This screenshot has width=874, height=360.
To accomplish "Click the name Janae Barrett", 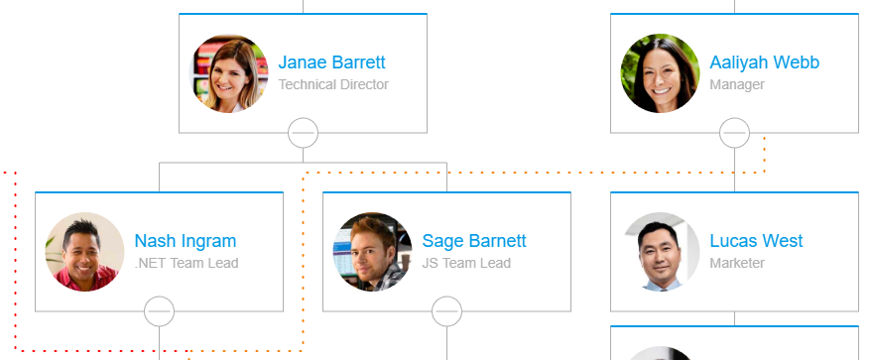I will point(331,62).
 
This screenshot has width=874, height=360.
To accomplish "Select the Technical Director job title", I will point(333,85).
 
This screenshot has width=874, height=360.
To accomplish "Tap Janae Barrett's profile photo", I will point(229,73).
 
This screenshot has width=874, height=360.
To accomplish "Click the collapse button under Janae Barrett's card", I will point(303,132).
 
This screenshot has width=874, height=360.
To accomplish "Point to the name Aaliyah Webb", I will point(764,62).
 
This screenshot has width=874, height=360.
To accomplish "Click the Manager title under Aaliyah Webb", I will point(737,85).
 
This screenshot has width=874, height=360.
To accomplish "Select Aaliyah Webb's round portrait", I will point(661,73).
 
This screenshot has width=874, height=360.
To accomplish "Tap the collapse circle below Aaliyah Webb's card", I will point(734,132).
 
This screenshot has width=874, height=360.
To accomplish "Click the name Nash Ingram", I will point(186,241).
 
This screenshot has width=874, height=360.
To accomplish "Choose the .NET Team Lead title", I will point(187,264).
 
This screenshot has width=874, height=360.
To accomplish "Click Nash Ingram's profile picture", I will point(85,252).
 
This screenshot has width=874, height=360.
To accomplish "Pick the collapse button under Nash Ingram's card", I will point(159,311).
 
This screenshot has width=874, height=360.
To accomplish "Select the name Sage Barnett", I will point(474,241).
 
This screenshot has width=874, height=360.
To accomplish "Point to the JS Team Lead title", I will point(466,264).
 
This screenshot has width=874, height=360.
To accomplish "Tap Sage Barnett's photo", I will point(373,252).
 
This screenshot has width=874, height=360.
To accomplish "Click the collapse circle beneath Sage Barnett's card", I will point(446,311).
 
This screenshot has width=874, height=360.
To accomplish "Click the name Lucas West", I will point(756,241).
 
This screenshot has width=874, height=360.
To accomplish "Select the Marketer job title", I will point(737,264).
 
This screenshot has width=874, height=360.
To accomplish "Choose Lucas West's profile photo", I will point(661,252).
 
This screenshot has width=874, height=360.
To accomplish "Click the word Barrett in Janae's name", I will point(358,62).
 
